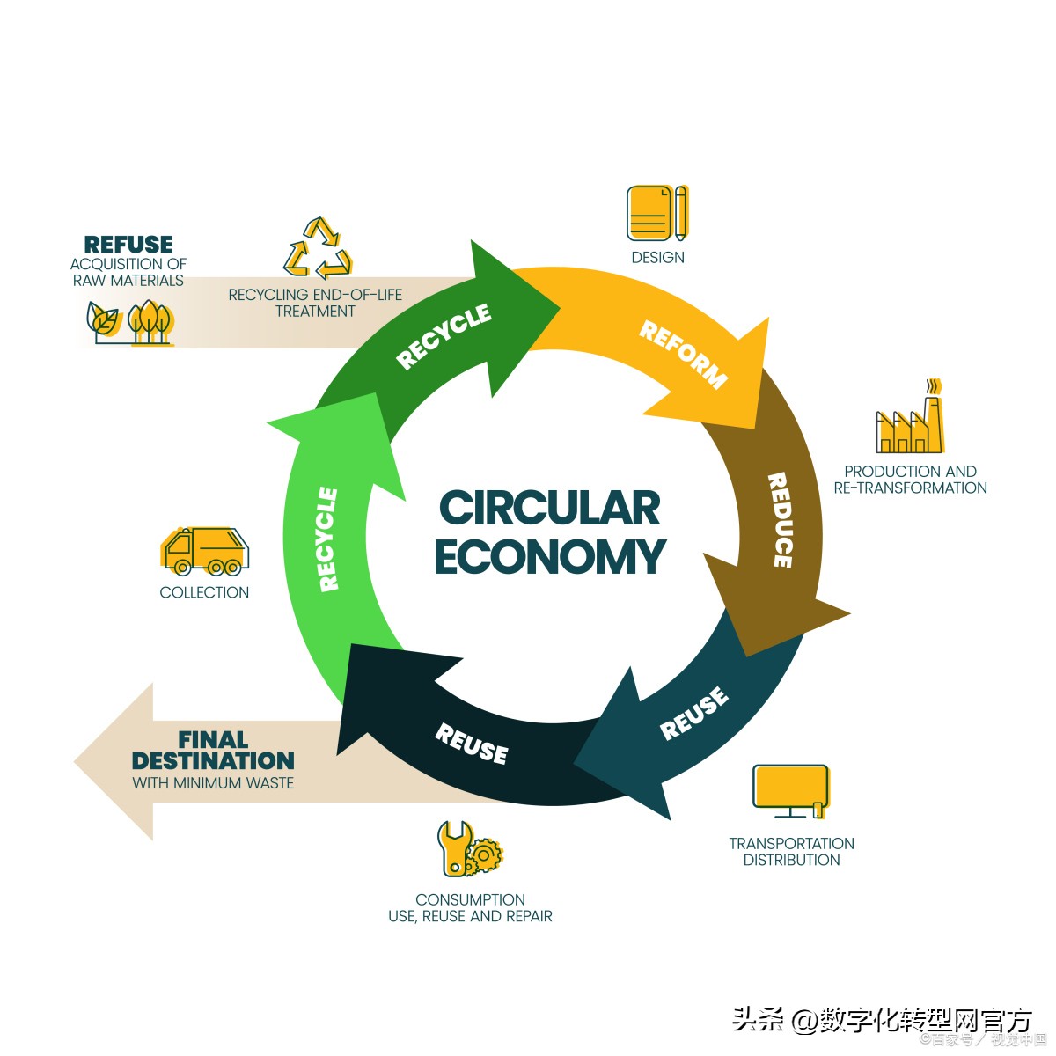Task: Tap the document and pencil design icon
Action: coord(656,213)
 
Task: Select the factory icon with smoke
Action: coord(911,420)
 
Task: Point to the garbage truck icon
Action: coord(205,551)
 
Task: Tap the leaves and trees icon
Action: coord(130,322)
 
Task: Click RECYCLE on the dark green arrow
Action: coord(444,336)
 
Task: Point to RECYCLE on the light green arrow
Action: coord(326,539)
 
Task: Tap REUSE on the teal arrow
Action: coord(694,713)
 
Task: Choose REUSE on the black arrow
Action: coord(472,744)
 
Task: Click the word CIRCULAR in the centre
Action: coord(549,508)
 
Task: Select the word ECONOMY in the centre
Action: coord(549,556)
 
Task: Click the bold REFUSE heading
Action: coord(128,244)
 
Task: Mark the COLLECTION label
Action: coord(204,592)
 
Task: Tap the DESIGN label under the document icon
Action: coord(657,257)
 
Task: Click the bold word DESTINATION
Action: coord(213,760)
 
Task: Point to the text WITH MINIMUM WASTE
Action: coord(213,782)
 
